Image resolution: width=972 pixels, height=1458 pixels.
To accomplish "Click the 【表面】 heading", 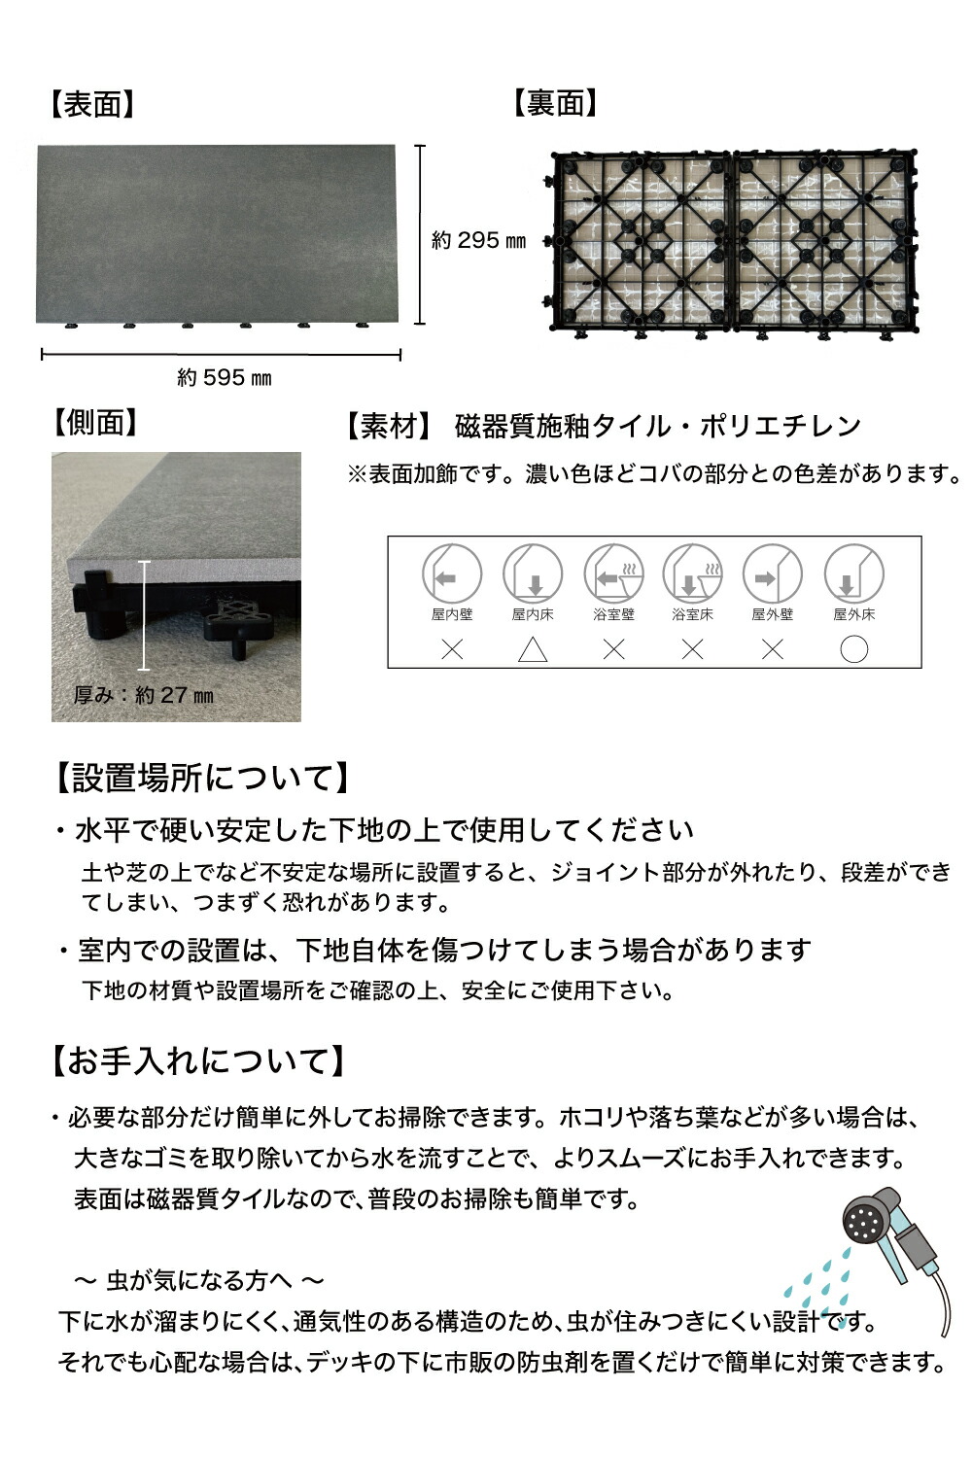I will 92,105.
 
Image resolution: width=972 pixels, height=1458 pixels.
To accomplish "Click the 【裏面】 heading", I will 555,103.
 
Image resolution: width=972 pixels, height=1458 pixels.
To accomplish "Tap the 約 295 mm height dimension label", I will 478,240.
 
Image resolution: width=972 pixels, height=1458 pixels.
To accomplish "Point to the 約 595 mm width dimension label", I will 225,377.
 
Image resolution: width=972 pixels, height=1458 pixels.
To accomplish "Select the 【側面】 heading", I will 95,422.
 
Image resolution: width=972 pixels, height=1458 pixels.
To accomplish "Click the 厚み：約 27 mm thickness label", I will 144,695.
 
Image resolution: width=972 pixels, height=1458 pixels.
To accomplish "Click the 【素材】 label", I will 387,426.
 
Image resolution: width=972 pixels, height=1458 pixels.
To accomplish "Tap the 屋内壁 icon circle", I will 452,573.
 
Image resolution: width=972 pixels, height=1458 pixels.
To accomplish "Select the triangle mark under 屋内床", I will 533,649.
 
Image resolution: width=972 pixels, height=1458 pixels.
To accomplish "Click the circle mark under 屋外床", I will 853,649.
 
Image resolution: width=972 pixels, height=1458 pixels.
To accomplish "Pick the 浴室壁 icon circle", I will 613,573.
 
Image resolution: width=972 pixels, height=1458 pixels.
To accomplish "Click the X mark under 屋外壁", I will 773,649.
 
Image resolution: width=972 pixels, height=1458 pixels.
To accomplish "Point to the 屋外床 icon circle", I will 853,573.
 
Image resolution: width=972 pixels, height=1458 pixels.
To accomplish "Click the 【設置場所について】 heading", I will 198,778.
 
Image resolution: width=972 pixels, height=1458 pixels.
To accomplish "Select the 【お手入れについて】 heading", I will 196,1060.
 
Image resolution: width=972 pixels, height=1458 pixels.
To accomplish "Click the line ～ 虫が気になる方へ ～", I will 199,1280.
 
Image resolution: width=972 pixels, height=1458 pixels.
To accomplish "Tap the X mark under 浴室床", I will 692,649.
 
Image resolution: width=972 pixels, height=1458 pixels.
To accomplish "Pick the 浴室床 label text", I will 692,614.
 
